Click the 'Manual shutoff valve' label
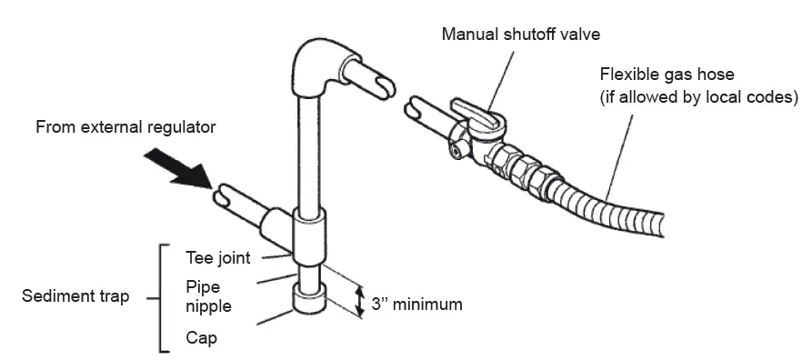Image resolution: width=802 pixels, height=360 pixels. pyautogui.click(x=521, y=35)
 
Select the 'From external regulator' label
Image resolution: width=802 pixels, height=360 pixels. pyautogui.click(x=125, y=127)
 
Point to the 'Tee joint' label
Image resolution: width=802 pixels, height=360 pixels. pyautogui.click(x=218, y=257)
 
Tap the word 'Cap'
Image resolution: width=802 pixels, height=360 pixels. pyautogui.click(x=201, y=337)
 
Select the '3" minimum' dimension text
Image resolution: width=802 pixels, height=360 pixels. pyautogui.click(x=417, y=305)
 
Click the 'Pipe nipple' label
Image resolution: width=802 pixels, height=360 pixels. pyautogui.click(x=208, y=296)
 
